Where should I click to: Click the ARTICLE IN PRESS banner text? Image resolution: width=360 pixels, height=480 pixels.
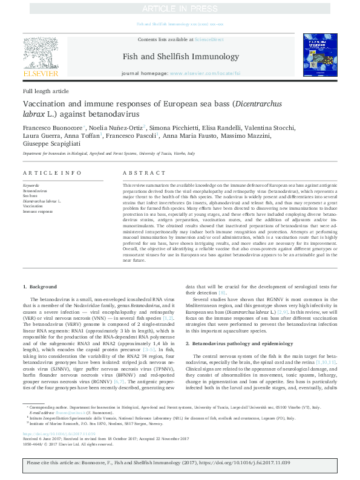click(x=180, y=8)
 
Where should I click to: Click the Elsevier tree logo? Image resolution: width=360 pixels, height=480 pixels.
click(x=40, y=53)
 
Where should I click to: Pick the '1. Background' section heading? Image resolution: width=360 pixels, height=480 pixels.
click(x=40, y=285)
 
